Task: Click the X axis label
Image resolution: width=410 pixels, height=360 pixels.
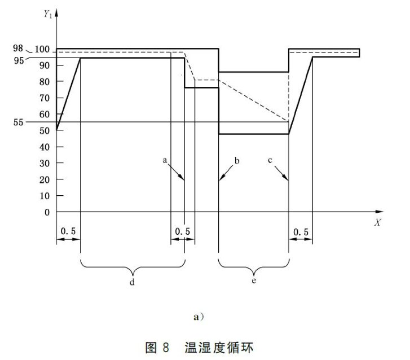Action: [377, 222]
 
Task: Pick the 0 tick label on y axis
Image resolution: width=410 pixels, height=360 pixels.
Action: [47, 212]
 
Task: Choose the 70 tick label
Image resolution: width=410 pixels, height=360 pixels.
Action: [45, 98]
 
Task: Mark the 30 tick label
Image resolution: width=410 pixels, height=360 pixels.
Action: [45, 164]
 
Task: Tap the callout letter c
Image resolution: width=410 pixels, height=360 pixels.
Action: [270, 161]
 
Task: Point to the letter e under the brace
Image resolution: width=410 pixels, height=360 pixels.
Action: [254, 280]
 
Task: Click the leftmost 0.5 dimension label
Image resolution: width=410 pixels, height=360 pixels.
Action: [68, 231]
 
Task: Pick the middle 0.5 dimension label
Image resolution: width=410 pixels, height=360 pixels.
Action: [183, 231]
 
